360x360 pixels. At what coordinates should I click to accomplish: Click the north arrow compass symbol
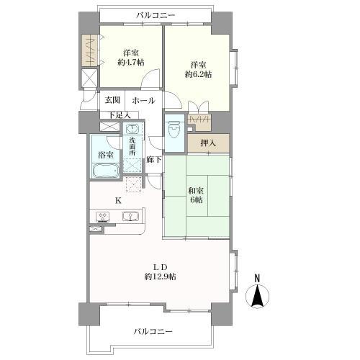[257, 297]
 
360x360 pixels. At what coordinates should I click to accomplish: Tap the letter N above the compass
[257, 279]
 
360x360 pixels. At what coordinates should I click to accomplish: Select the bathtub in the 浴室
[106, 171]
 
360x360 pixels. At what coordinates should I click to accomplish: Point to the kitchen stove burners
[103, 217]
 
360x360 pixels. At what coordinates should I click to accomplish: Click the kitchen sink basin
[131, 217]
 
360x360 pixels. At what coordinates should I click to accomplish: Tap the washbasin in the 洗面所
[132, 129]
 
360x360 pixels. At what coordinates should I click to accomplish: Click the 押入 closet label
[208, 143]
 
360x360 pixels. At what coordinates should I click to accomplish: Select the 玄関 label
[112, 100]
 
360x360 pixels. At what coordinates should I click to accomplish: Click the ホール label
[144, 100]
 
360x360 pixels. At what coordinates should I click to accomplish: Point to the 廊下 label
[154, 159]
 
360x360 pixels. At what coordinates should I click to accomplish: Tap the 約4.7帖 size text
[131, 63]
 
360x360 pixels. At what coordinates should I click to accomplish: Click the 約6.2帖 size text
[198, 74]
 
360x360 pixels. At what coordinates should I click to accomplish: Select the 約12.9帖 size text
[160, 276]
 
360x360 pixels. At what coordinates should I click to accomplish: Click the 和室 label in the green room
[196, 191]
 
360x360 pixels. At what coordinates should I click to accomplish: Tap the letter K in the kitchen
[118, 200]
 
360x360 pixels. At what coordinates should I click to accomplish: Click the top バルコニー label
[156, 16]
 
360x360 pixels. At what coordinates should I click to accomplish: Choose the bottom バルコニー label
[153, 332]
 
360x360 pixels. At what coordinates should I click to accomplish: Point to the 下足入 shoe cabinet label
[120, 115]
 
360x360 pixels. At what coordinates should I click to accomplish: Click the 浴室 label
[106, 155]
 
